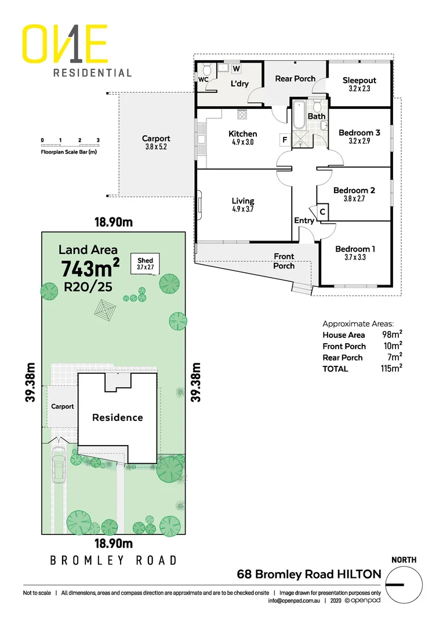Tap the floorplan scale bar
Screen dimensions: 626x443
coord(70,141)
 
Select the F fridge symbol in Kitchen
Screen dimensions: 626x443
coord(285,139)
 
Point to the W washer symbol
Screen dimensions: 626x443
coord(236,68)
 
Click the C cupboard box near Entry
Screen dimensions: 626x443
coord(322,212)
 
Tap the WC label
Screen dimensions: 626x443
coord(203,79)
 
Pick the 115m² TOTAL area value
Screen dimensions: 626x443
coord(392,369)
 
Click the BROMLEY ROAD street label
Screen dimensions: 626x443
coord(113,561)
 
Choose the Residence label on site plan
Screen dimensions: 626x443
coord(117,417)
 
